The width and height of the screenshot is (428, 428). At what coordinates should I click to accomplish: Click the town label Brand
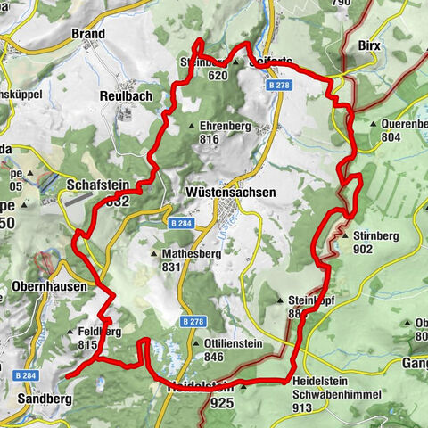click(87, 34)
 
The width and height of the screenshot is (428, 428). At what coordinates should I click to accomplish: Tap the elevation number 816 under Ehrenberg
click(210, 140)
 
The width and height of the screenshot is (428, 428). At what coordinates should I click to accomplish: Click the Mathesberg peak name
click(182, 253)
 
